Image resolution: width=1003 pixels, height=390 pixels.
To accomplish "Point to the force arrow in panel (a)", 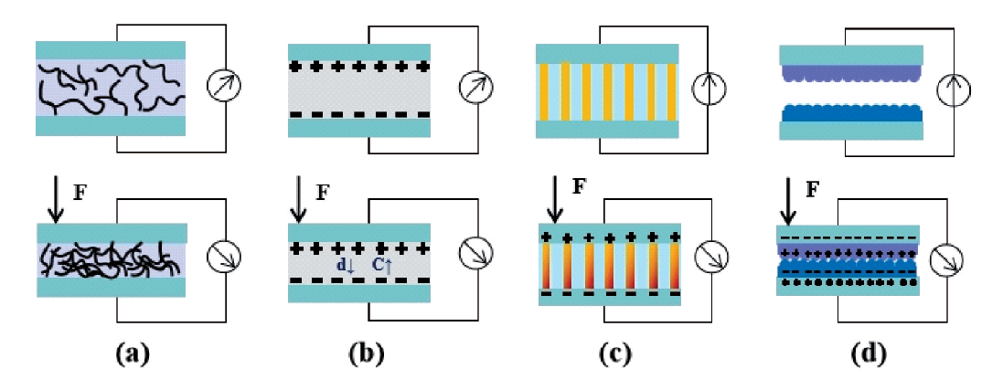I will [55, 201].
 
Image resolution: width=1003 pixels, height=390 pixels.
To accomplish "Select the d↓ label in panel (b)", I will [343, 264].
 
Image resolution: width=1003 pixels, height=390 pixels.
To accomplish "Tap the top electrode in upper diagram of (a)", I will [111, 50].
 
